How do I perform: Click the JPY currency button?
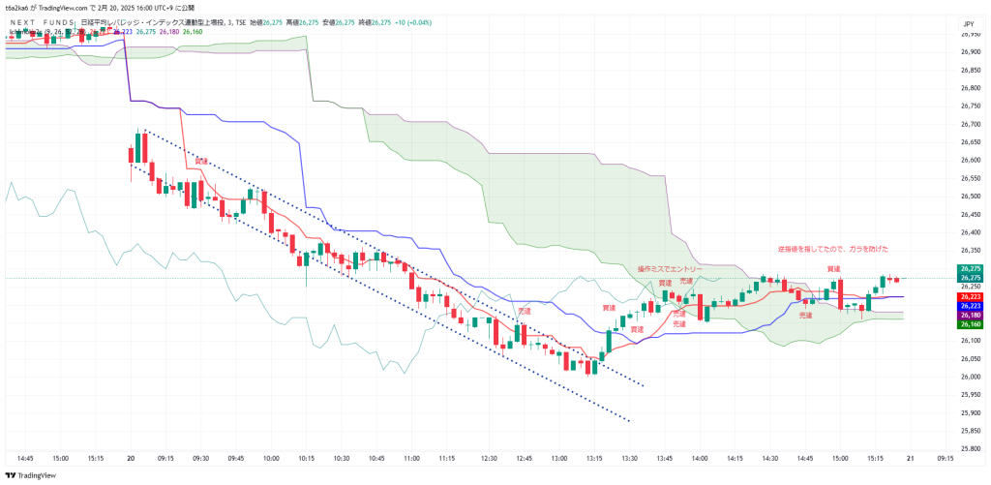(968, 23)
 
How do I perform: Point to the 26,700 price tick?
(970, 124)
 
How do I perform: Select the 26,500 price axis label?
(970, 196)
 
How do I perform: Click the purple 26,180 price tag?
(971, 316)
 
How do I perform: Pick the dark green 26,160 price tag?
(971, 325)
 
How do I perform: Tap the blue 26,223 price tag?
(971, 306)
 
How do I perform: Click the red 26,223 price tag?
(971, 296)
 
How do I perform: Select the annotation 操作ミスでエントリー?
(670, 268)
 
